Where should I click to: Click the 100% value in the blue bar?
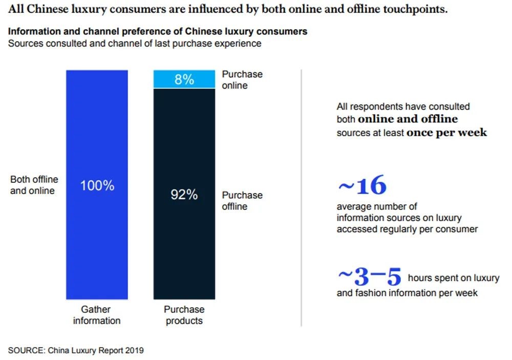[x=97, y=186]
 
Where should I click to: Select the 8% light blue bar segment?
[x=184, y=79]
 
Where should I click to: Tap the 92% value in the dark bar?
[x=184, y=195]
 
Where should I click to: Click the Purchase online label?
[x=242, y=80]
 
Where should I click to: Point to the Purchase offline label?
[x=242, y=201]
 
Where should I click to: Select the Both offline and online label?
[x=34, y=185]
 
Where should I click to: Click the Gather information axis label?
[x=96, y=315]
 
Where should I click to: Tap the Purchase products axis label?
[x=184, y=315]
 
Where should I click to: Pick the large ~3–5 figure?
[x=369, y=277]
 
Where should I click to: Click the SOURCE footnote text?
[x=76, y=351]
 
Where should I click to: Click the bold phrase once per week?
[x=446, y=133]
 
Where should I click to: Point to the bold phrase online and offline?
[x=408, y=119]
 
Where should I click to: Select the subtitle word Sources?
[x=25, y=44]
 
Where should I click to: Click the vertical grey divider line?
[x=301, y=197]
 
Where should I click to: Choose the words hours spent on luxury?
[x=453, y=278]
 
